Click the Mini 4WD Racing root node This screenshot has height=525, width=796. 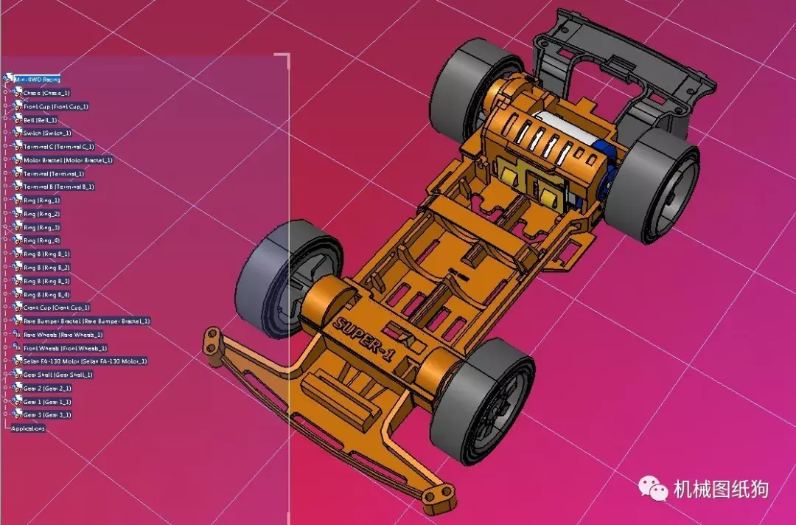pyautogui.click(x=41, y=79)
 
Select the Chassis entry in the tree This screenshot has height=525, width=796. pyautogui.click(x=46, y=93)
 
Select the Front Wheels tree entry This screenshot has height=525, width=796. pyautogui.click(x=66, y=348)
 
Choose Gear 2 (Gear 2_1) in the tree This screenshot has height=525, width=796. pyautogui.click(x=47, y=388)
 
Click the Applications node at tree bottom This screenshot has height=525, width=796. pyautogui.click(x=28, y=428)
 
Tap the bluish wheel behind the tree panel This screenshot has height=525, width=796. pyautogui.click(x=265, y=280)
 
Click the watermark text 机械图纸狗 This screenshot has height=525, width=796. pyautogui.click(x=721, y=489)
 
